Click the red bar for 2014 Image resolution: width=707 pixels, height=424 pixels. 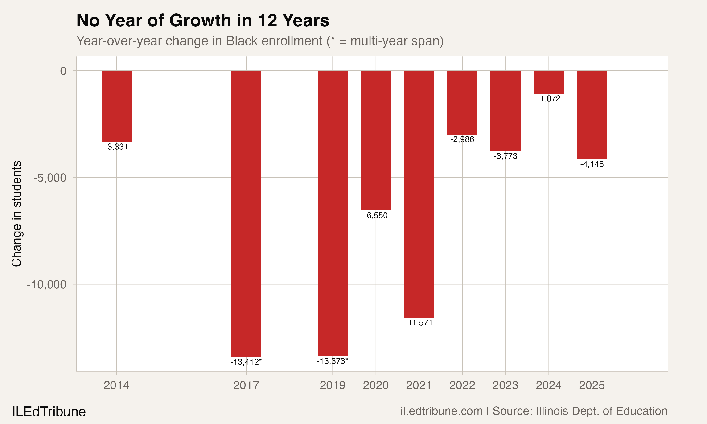click(x=117, y=106)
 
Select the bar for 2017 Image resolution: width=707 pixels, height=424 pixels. click(x=246, y=214)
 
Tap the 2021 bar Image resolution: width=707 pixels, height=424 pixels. click(x=419, y=194)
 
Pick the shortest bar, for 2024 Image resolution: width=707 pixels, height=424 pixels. click(x=549, y=82)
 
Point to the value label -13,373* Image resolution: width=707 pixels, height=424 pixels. click(x=332, y=361)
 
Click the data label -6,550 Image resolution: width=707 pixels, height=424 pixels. click(x=376, y=216)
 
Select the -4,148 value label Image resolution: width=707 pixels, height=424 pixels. click(x=592, y=164)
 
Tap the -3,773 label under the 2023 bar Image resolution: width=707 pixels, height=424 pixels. click(x=505, y=156)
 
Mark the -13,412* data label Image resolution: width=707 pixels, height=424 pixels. click(x=246, y=362)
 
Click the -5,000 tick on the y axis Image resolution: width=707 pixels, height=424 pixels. click(x=50, y=178)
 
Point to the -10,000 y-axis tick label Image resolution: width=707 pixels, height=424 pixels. click(x=47, y=285)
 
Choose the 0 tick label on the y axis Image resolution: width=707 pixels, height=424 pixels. click(x=63, y=71)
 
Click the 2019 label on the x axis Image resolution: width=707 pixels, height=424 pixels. click(x=332, y=385)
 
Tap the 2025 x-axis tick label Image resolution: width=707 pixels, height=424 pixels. click(x=592, y=385)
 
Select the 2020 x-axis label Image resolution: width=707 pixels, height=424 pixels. click(x=376, y=385)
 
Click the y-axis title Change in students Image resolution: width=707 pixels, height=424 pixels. click(x=16, y=214)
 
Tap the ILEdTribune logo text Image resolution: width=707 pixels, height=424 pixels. click(x=49, y=412)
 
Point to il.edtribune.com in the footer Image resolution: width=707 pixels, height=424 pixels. click(x=441, y=411)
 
